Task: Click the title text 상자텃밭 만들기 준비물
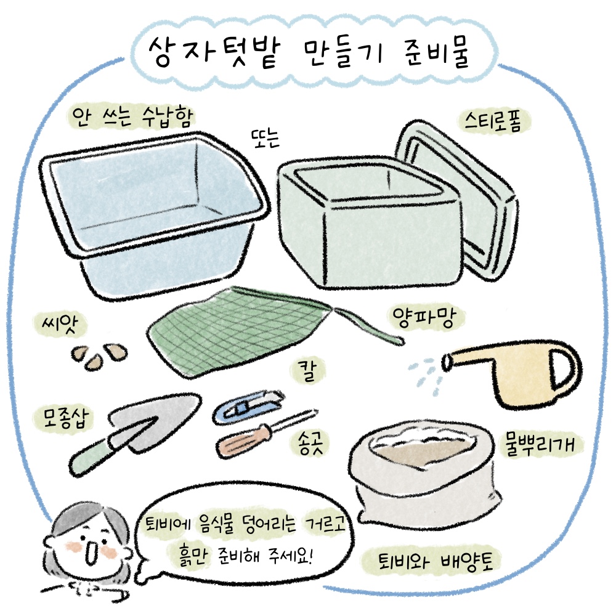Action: (309, 52)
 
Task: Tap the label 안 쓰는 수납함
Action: (132, 116)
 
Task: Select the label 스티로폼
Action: (493, 122)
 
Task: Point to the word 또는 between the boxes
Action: (265, 138)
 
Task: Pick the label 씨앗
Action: (60, 325)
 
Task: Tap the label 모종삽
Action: (66, 418)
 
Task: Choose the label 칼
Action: (307, 371)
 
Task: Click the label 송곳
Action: (310, 444)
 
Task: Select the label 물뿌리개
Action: (540, 445)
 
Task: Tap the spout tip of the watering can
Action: (447, 362)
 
